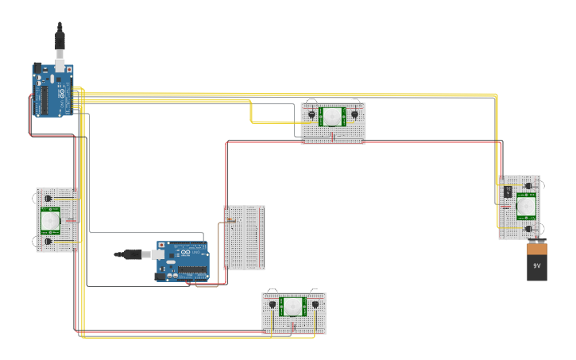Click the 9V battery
pyautogui.click(x=537, y=262)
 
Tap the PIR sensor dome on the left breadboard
pyautogui.click(x=50, y=219)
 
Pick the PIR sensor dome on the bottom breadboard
pyautogui.click(x=293, y=305)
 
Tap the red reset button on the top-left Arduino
pyautogui.click(x=69, y=70)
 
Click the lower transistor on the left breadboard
pyautogui.click(x=48, y=240)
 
